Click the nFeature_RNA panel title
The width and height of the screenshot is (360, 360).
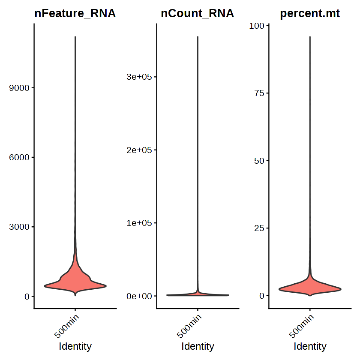tap(75, 14)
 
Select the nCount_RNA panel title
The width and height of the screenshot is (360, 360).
tap(198, 14)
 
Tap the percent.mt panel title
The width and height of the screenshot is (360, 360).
tap(309, 14)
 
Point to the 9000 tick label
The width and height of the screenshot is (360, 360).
tap(19, 88)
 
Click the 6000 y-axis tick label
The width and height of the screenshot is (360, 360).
tap(19, 158)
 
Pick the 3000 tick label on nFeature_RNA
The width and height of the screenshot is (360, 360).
tap(19, 227)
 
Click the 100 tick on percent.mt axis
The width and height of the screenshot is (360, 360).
tap(256, 26)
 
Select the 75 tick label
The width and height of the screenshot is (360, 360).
tap(259, 93)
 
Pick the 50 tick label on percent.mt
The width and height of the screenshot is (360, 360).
tap(259, 161)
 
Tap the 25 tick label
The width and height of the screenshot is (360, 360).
tap(259, 228)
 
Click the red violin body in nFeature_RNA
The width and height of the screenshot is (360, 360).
tap(75, 281)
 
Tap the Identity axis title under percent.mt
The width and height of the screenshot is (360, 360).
tap(310, 346)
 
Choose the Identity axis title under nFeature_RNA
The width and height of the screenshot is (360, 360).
tap(75, 346)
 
